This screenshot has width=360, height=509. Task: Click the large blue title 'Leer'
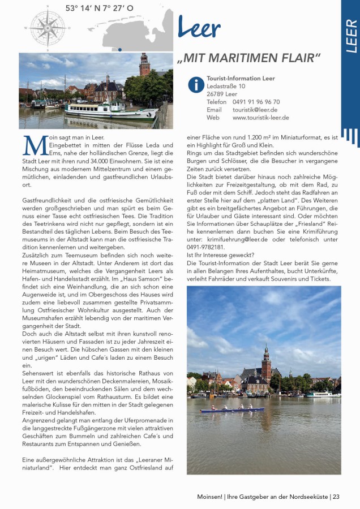[199, 27]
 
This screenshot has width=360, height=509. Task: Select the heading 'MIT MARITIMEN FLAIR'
[248, 58]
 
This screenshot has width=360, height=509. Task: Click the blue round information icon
[196, 85]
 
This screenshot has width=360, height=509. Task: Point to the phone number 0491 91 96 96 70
[256, 102]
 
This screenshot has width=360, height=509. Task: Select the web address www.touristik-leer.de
[260, 118]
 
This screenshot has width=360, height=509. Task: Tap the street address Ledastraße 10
[226, 86]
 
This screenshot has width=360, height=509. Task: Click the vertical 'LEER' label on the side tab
[351, 36]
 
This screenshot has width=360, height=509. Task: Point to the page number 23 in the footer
[336, 497]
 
